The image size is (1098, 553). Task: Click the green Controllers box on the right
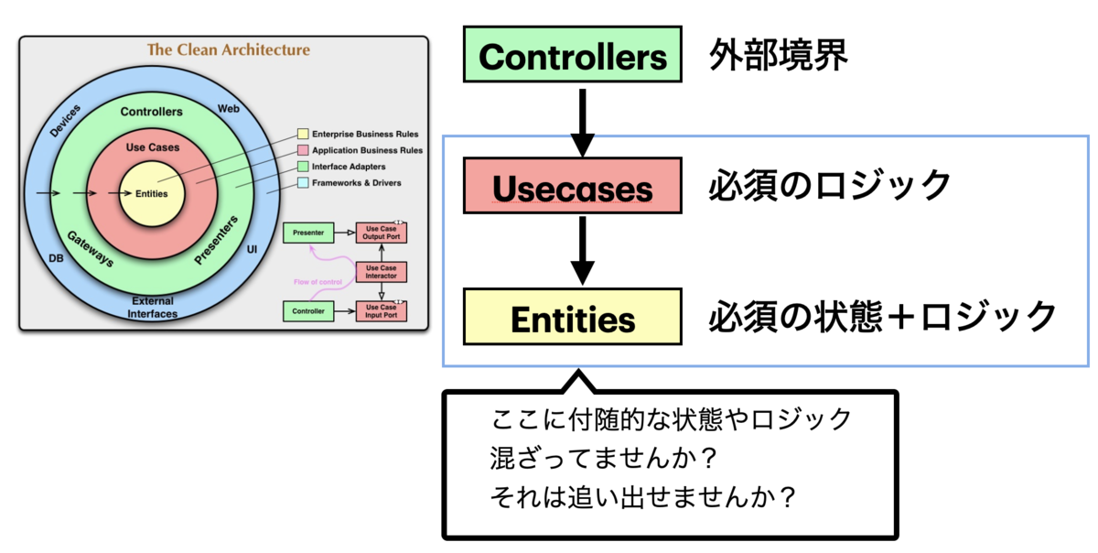573,56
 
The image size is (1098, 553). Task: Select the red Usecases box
573,188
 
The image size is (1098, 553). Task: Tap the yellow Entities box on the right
573,319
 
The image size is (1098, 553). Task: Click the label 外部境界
779,56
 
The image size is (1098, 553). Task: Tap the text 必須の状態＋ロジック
882,317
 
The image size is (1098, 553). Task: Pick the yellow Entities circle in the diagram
151,194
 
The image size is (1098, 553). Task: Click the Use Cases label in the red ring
152,146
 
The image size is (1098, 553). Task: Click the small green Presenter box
308,233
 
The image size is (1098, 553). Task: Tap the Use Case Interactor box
381,271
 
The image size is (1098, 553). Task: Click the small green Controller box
308,311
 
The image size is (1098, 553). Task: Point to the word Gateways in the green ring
91,247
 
